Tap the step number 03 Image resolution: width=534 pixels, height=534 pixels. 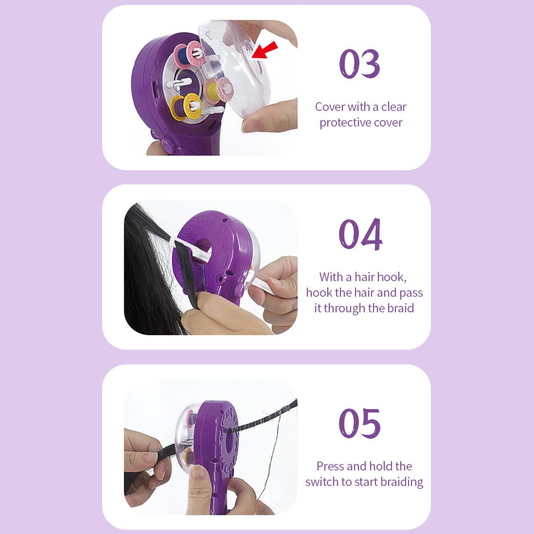pos(360,64)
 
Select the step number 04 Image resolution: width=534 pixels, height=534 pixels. pos(360,234)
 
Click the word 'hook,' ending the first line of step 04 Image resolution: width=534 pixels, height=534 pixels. pos(392,277)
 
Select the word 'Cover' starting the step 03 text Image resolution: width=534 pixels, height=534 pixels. pos(330,107)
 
